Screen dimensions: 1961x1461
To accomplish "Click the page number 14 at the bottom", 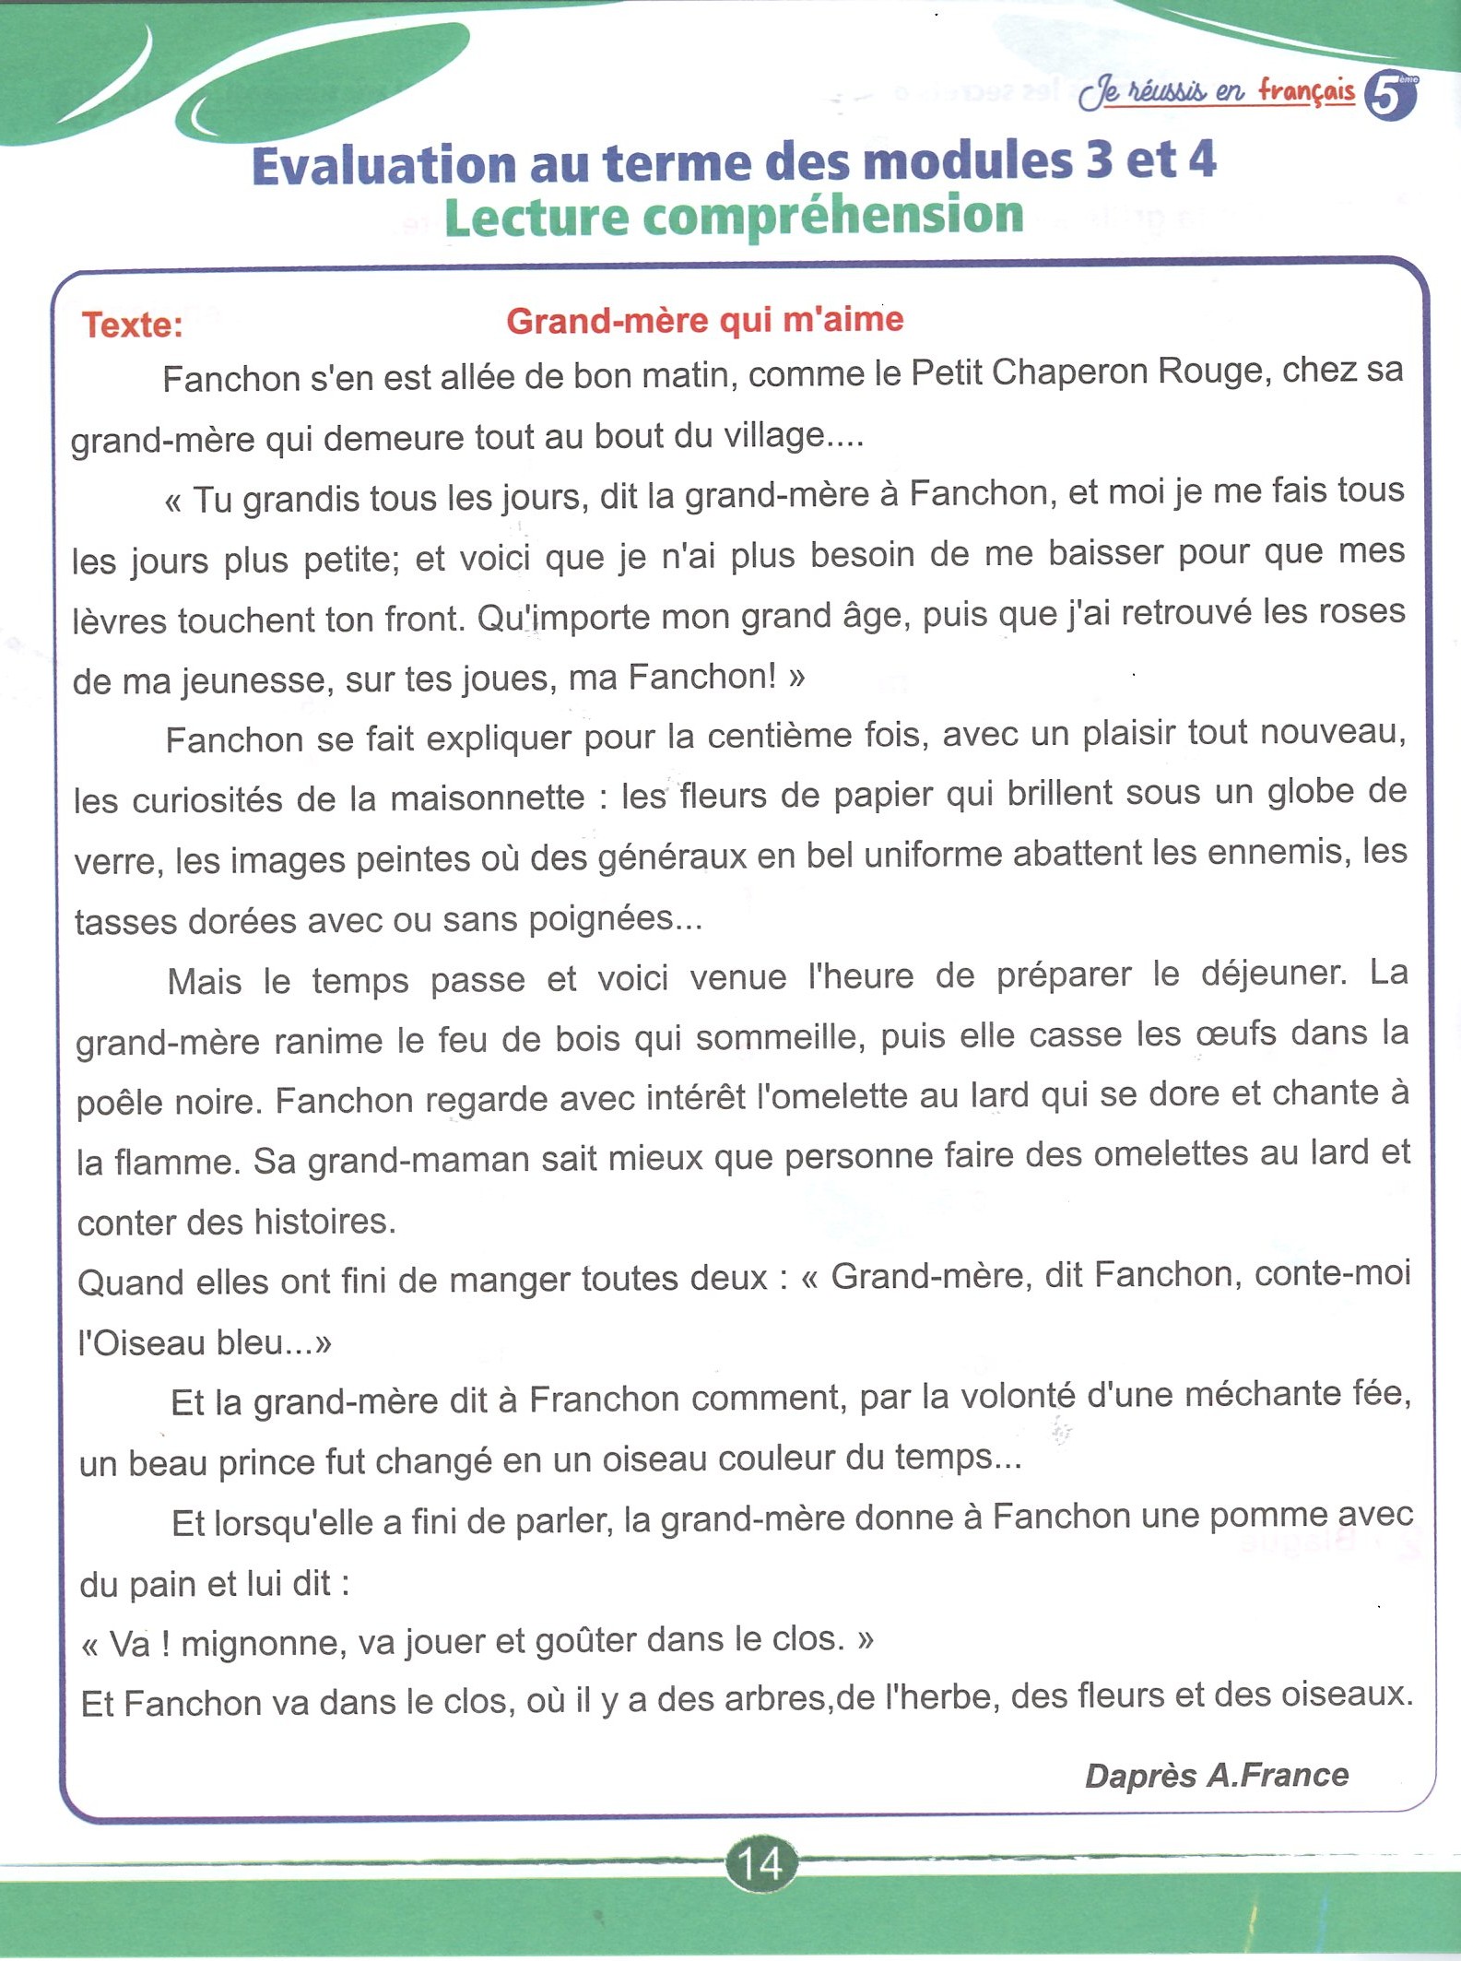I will click(760, 1863).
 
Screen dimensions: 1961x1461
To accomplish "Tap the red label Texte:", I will click(133, 325).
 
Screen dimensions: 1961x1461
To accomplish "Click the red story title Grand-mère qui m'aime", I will click(705, 320).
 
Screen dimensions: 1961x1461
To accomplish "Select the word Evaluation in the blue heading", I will click(383, 166).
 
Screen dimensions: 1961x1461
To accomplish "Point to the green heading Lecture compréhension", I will click(734, 218).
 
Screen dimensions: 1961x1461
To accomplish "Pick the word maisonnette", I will click(488, 797).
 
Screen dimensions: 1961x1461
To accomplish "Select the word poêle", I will click(119, 1102).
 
